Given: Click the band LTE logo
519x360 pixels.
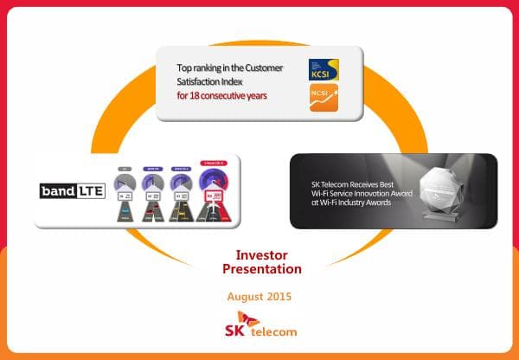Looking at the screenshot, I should (x=72, y=190).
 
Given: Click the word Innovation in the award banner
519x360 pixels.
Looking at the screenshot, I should (x=368, y=195).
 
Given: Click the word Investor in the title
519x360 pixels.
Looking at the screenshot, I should (x=261, y=255).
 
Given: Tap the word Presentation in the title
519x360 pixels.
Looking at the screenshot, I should (x=261, y=269).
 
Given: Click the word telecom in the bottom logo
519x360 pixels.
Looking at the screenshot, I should (x=275, y=332).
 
